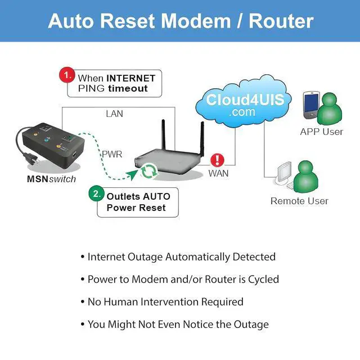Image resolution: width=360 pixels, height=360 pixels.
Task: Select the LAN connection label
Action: coord(114,114)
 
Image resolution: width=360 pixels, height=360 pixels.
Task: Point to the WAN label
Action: coord(218,173)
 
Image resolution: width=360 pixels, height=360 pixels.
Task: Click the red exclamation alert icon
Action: coord(217,160)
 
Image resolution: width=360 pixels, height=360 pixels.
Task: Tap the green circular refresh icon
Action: coord(149,170)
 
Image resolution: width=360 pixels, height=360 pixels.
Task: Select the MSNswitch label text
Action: coord(51,179)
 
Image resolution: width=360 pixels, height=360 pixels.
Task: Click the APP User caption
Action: coord(321,132)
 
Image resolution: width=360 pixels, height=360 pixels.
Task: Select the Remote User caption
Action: coord(299,201)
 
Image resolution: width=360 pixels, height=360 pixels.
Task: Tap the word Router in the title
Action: coord(281,21)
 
